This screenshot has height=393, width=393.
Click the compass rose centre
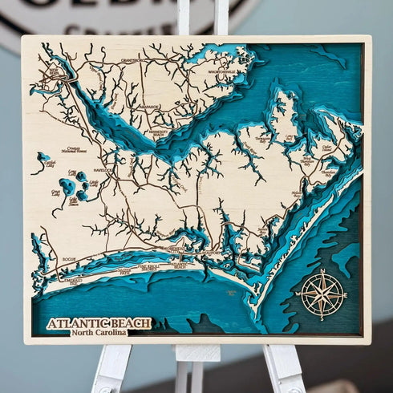pos(322,294)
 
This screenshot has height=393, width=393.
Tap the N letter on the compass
pos(322,273)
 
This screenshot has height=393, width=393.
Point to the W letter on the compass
pos(299,295)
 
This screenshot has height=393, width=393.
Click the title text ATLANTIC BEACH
pos(99,323)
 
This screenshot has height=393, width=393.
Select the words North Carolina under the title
pos(99,333)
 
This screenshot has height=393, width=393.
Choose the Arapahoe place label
pos(149,107)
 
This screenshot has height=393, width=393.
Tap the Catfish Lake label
pos(38,165)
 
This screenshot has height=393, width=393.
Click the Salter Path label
pos(125,272)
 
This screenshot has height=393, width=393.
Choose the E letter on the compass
pos(344,295)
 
